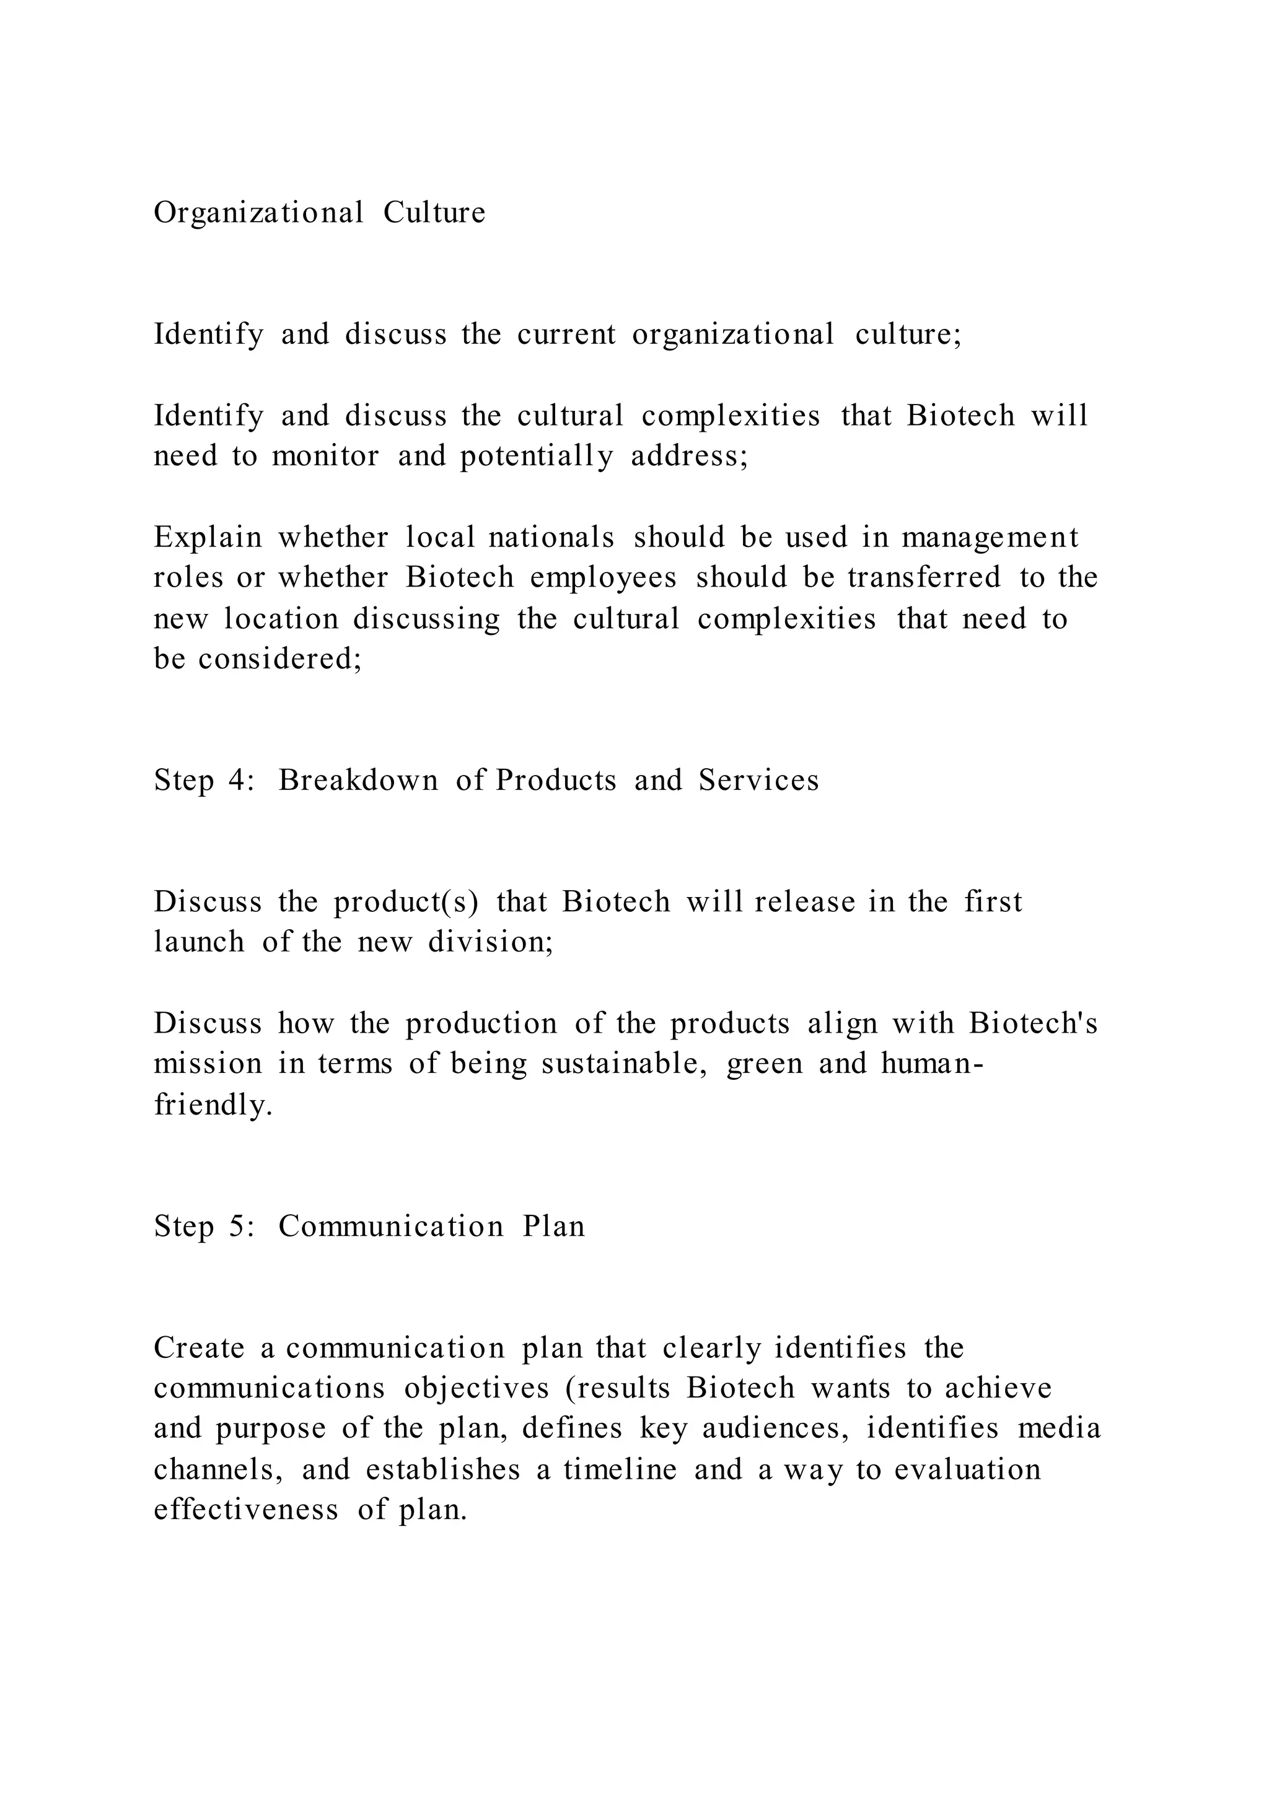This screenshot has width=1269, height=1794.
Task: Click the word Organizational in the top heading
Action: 258,213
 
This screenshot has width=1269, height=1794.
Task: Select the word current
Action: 566,335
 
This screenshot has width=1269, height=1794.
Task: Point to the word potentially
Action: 536,455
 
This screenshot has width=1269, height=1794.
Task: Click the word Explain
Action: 208,538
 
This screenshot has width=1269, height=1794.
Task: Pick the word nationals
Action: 551,538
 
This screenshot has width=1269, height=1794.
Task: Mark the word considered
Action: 279,659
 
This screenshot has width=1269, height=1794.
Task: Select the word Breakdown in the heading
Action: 358,781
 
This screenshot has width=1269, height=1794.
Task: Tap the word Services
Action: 758,781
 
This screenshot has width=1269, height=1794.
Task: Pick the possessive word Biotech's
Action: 1033,1023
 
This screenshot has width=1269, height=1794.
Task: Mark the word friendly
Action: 213,1105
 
